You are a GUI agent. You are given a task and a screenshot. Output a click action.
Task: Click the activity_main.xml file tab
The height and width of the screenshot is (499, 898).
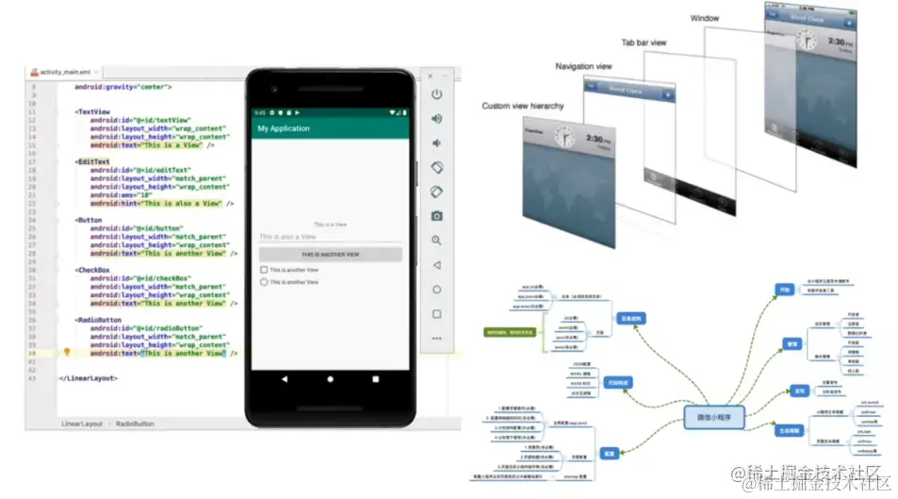click(63, 72)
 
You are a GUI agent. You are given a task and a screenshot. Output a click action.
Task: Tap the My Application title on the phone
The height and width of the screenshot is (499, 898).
click(284, 128)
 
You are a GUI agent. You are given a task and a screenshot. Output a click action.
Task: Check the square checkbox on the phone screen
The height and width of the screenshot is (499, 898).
click(264, 270)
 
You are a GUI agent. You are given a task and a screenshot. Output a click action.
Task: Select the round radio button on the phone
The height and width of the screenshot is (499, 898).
click(264, 282)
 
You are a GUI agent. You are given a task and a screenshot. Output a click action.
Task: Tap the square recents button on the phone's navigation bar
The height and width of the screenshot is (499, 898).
click(375, 378)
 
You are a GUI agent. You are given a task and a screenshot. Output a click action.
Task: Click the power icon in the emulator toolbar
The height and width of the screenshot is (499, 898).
click(436, 94)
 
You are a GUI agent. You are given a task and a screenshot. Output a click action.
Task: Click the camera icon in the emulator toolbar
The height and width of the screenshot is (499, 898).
click(436, 216)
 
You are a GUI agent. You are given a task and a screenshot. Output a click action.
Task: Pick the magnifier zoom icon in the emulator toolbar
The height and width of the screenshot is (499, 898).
click(436, 241)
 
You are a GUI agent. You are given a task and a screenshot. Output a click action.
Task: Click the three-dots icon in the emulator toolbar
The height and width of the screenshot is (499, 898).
click(436, 338)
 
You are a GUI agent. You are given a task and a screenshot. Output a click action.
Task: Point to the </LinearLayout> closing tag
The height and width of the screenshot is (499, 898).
click(89, 377)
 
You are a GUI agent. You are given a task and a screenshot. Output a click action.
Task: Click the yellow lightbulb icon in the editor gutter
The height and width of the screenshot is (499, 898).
click(67, 353)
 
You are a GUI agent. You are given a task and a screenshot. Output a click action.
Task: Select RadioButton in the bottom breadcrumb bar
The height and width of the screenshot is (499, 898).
click(135, 424)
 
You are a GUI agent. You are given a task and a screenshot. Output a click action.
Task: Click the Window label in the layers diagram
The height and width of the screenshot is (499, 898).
click(704, 18)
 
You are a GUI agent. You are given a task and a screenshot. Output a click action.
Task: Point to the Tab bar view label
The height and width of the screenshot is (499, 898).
click(644, 42)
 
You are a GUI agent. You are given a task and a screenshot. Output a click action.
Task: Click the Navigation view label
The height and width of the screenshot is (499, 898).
click(583, 67)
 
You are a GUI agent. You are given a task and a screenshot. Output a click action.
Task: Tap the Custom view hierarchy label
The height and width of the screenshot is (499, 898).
click(523, 106)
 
